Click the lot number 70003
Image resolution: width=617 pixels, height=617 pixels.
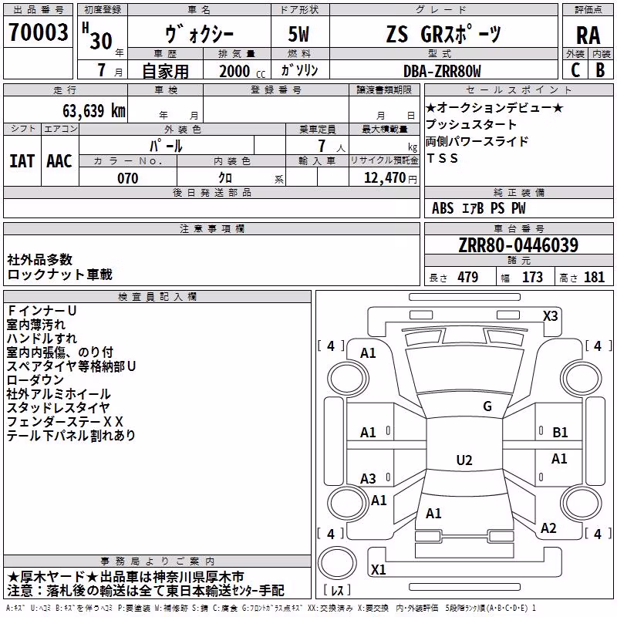[38, 32]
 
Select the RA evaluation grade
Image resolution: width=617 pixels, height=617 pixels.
[588, 35]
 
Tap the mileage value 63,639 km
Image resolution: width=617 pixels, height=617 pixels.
[94, 111]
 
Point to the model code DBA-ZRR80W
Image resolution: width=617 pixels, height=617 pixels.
[442, 71]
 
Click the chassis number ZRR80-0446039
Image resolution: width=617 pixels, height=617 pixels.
[518, 245]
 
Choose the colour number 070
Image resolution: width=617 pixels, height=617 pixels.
[128, 178]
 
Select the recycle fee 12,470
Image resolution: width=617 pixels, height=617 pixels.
[385, 178]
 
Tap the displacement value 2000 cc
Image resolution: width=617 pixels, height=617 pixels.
[242, 71]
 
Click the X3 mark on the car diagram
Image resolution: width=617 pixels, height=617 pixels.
[550, 316]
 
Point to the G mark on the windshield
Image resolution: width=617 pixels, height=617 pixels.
[487, 406]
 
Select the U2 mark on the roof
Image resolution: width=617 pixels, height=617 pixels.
[464, 460]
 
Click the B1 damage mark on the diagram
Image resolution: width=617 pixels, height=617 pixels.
[560, 433]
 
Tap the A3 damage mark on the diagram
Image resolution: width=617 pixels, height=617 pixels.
[368, 479]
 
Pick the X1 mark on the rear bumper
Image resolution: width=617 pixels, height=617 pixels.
[378, 569]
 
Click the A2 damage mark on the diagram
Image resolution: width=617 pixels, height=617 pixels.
[548, 528]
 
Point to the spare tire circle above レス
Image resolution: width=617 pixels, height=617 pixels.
[337, 563]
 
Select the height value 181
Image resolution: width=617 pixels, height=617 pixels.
[594, 277]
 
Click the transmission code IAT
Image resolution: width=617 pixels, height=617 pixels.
[22, 161]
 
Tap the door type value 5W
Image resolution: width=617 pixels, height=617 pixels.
[298, 34]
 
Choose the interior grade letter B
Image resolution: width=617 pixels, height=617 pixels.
[600, 70]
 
